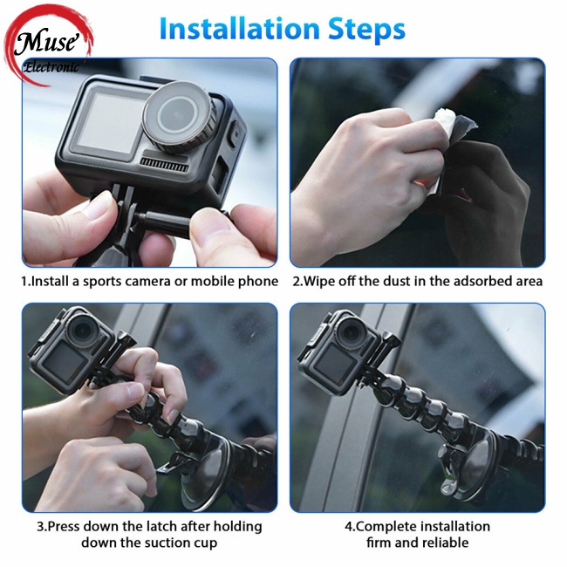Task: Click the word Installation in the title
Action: [x=239, y=29]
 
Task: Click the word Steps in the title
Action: [x=366, y=30]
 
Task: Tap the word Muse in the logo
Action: [x=46, y=42]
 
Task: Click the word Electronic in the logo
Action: [x=51, y=67]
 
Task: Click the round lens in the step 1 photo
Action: [x=178, y=116]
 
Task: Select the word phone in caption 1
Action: [x=258, y=282]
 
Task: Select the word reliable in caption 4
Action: [x=446, y=543]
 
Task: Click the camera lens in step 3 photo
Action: [x=83, y=330]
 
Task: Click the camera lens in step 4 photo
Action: [x=351, y=331]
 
